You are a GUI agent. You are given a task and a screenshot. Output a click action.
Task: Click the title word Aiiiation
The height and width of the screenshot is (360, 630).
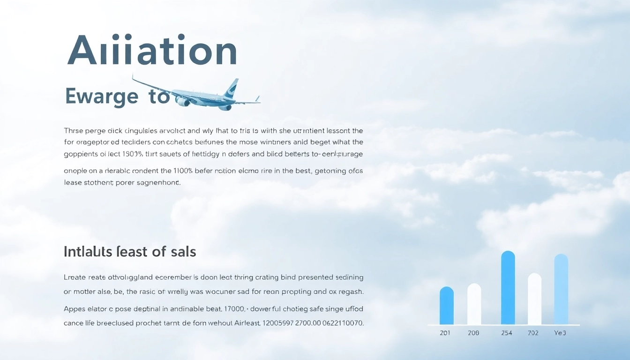152,50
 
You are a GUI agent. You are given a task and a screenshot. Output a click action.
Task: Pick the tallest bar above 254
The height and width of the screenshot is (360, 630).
508,288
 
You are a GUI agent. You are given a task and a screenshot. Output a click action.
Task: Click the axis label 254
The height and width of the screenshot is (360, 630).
507,333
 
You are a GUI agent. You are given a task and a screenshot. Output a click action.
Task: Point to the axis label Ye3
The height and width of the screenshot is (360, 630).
560,333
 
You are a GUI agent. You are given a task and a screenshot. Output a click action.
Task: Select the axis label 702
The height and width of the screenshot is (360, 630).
533,333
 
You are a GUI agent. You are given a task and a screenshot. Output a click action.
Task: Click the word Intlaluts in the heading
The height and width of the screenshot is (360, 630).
88,252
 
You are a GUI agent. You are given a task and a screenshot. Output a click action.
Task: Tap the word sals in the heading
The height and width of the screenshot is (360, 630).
183,252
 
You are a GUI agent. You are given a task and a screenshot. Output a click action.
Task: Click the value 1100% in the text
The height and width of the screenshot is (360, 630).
187,171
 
